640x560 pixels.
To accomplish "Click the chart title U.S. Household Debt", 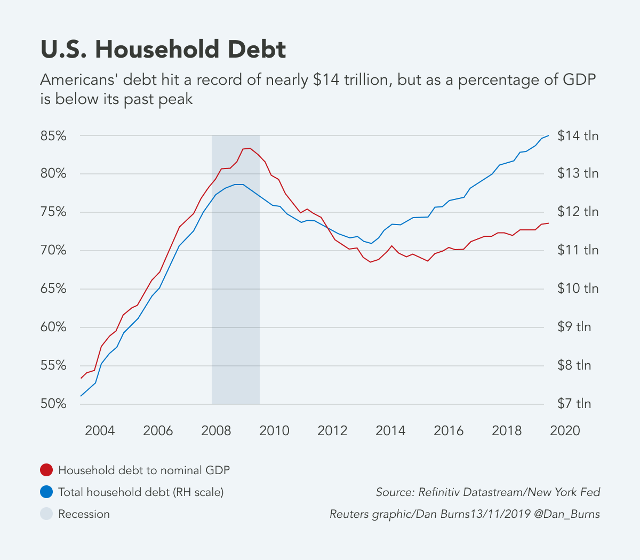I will coord(163,50).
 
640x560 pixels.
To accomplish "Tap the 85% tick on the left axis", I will coord(53,136).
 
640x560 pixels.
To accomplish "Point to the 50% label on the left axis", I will coord(53,404).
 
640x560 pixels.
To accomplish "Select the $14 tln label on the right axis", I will coord(578,136).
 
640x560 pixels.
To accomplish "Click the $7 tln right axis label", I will coord(574,404).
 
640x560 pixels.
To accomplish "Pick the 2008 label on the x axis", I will coord(216,430).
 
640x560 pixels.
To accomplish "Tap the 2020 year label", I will coord(565,430).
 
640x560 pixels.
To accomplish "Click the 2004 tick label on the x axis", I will coord(100,430).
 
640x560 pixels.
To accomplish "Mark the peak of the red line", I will coord(250,148).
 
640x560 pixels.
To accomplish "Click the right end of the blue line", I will coord(548,136).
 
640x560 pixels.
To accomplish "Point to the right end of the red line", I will coord(548,223).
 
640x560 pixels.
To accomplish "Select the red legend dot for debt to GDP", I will coord(47,470).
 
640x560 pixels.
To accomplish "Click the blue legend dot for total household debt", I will coord(47,492).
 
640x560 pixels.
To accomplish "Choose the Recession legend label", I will coord(84,514).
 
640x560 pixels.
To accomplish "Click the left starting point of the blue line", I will coord(81,396).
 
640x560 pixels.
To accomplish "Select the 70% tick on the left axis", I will coord(53,251).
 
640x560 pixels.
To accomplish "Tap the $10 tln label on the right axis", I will coord(578,289).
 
